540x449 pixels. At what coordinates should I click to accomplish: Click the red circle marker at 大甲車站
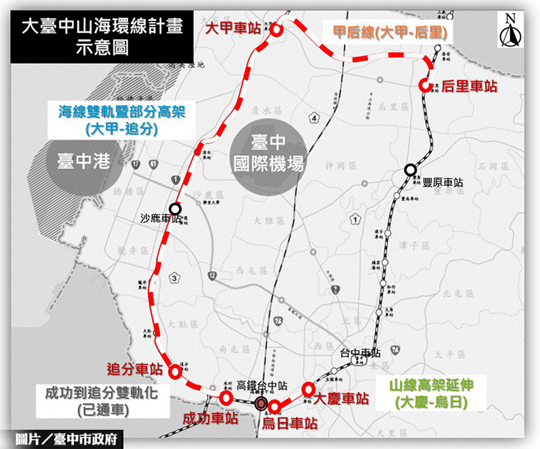[275, 30]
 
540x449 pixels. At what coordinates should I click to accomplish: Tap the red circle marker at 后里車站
[425, 86]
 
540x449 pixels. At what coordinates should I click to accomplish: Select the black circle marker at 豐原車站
[410, 170]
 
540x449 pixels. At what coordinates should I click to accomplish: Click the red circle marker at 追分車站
[174, 372]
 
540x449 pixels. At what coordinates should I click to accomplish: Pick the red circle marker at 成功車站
[226, 397]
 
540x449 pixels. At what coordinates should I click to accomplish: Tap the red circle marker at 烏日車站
[274, 407]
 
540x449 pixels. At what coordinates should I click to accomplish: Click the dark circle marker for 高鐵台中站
[262, 402]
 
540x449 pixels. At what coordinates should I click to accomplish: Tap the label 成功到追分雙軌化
[100, 393]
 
